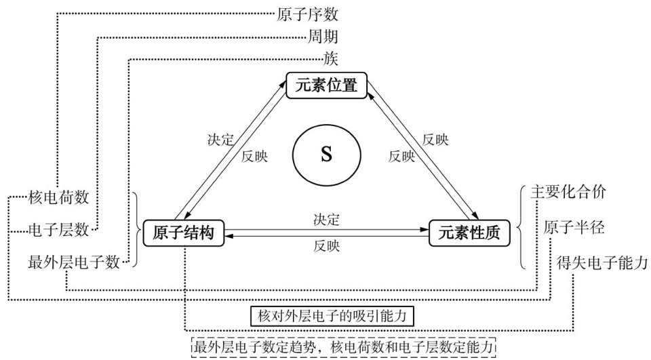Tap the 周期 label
325,35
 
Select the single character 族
332,58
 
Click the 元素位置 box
326,85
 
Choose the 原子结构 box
180,233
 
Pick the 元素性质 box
467,233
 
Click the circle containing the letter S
326,155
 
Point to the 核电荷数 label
59,197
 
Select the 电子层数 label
59,230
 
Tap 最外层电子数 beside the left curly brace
75,261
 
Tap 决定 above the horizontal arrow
326,220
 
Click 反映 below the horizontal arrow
326,245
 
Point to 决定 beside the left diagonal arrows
220,141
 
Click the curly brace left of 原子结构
134,231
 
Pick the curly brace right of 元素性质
519,227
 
